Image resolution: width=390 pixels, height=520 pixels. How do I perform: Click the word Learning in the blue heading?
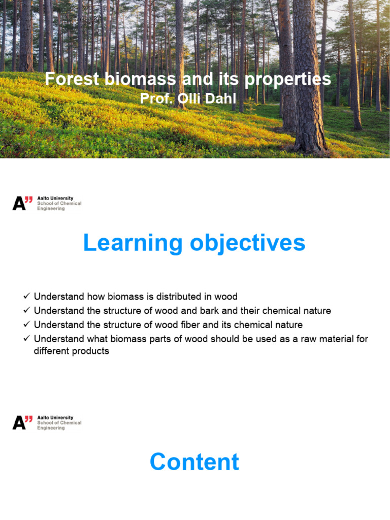[133, 243]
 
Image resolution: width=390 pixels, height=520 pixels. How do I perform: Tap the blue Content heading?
[194, 462]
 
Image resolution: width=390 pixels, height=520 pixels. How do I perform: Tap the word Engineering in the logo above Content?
[51, 428]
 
